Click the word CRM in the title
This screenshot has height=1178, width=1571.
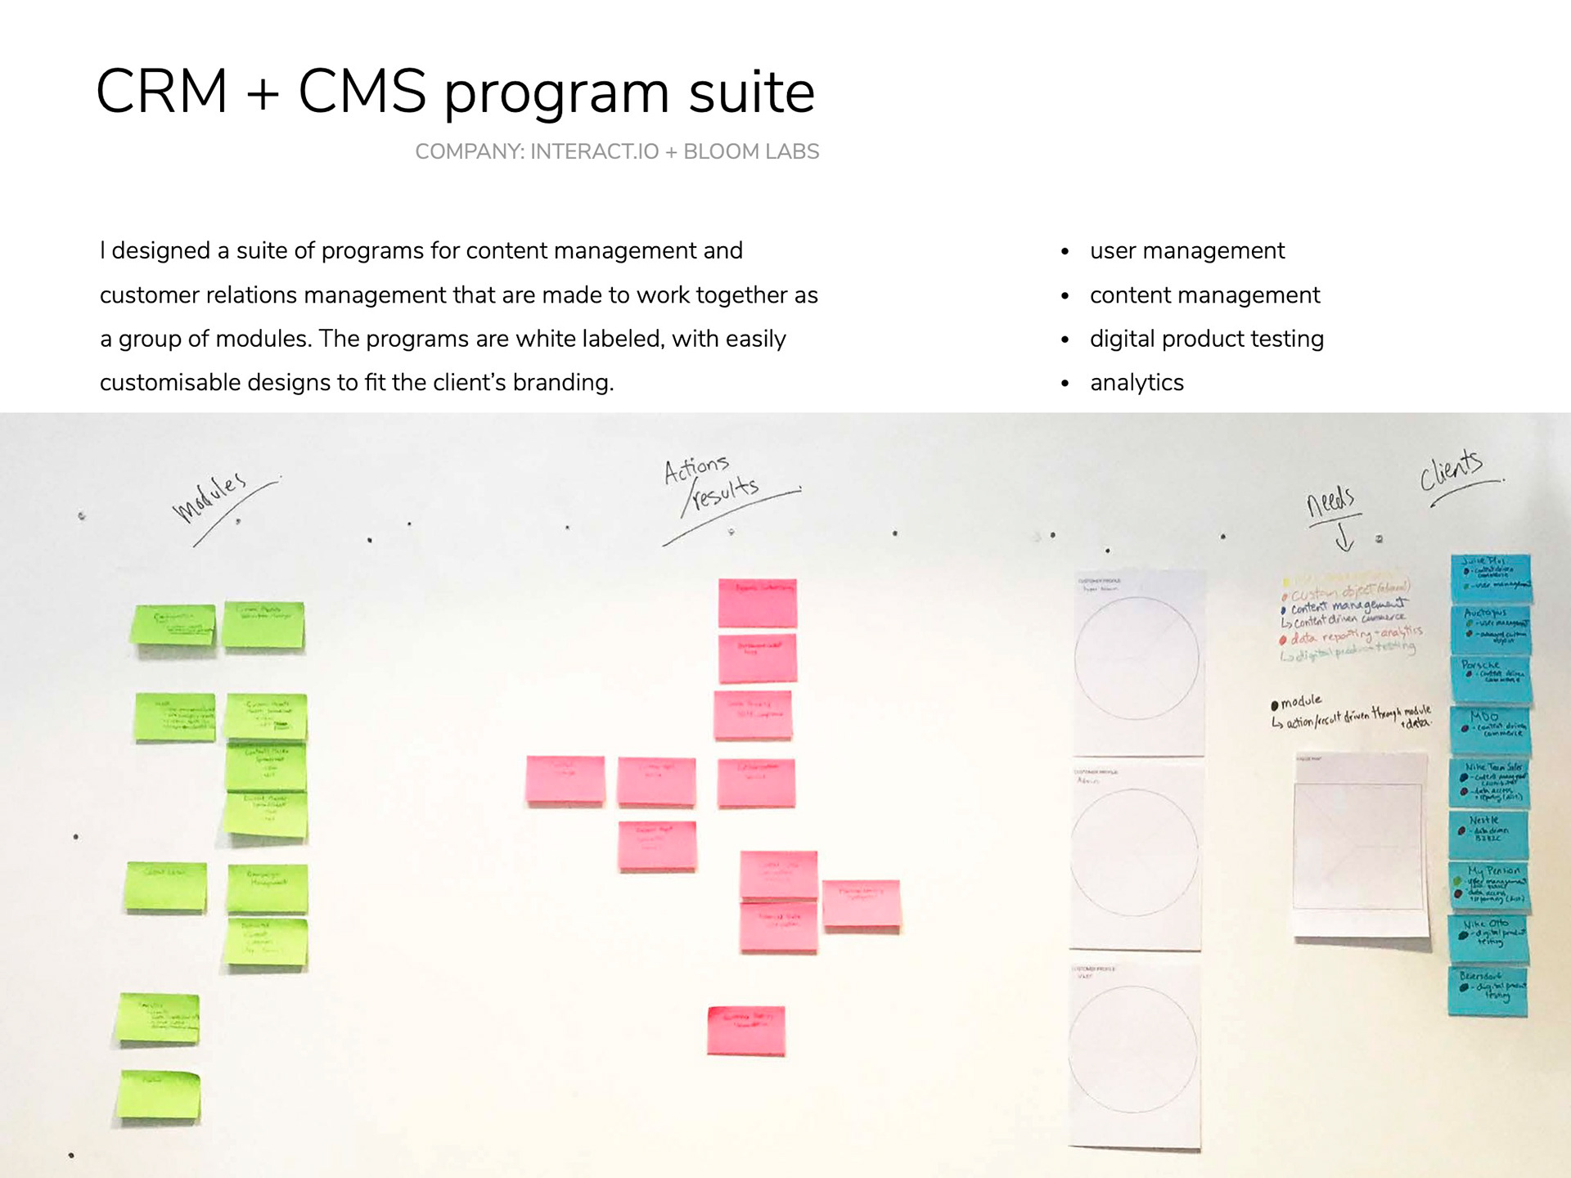point(161,91)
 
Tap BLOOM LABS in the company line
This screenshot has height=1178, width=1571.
point(750,151)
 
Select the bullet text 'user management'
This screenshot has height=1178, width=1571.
point(1186,250)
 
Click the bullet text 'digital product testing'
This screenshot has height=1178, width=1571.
point(1206,339)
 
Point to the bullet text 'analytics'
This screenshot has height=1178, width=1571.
point(1137,383)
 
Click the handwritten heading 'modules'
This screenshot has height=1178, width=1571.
point(209,496)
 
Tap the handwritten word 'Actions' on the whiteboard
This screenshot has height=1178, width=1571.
point(695,469)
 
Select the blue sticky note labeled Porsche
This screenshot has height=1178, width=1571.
point(1492,678)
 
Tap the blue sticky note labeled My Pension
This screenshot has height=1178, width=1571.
point(1489,885)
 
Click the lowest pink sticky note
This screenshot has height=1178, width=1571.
point(745,1030)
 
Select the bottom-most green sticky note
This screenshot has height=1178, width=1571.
point(159,1095)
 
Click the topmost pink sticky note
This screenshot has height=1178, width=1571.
point(757,603)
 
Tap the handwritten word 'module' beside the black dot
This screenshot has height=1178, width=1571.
point(1301,701)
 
